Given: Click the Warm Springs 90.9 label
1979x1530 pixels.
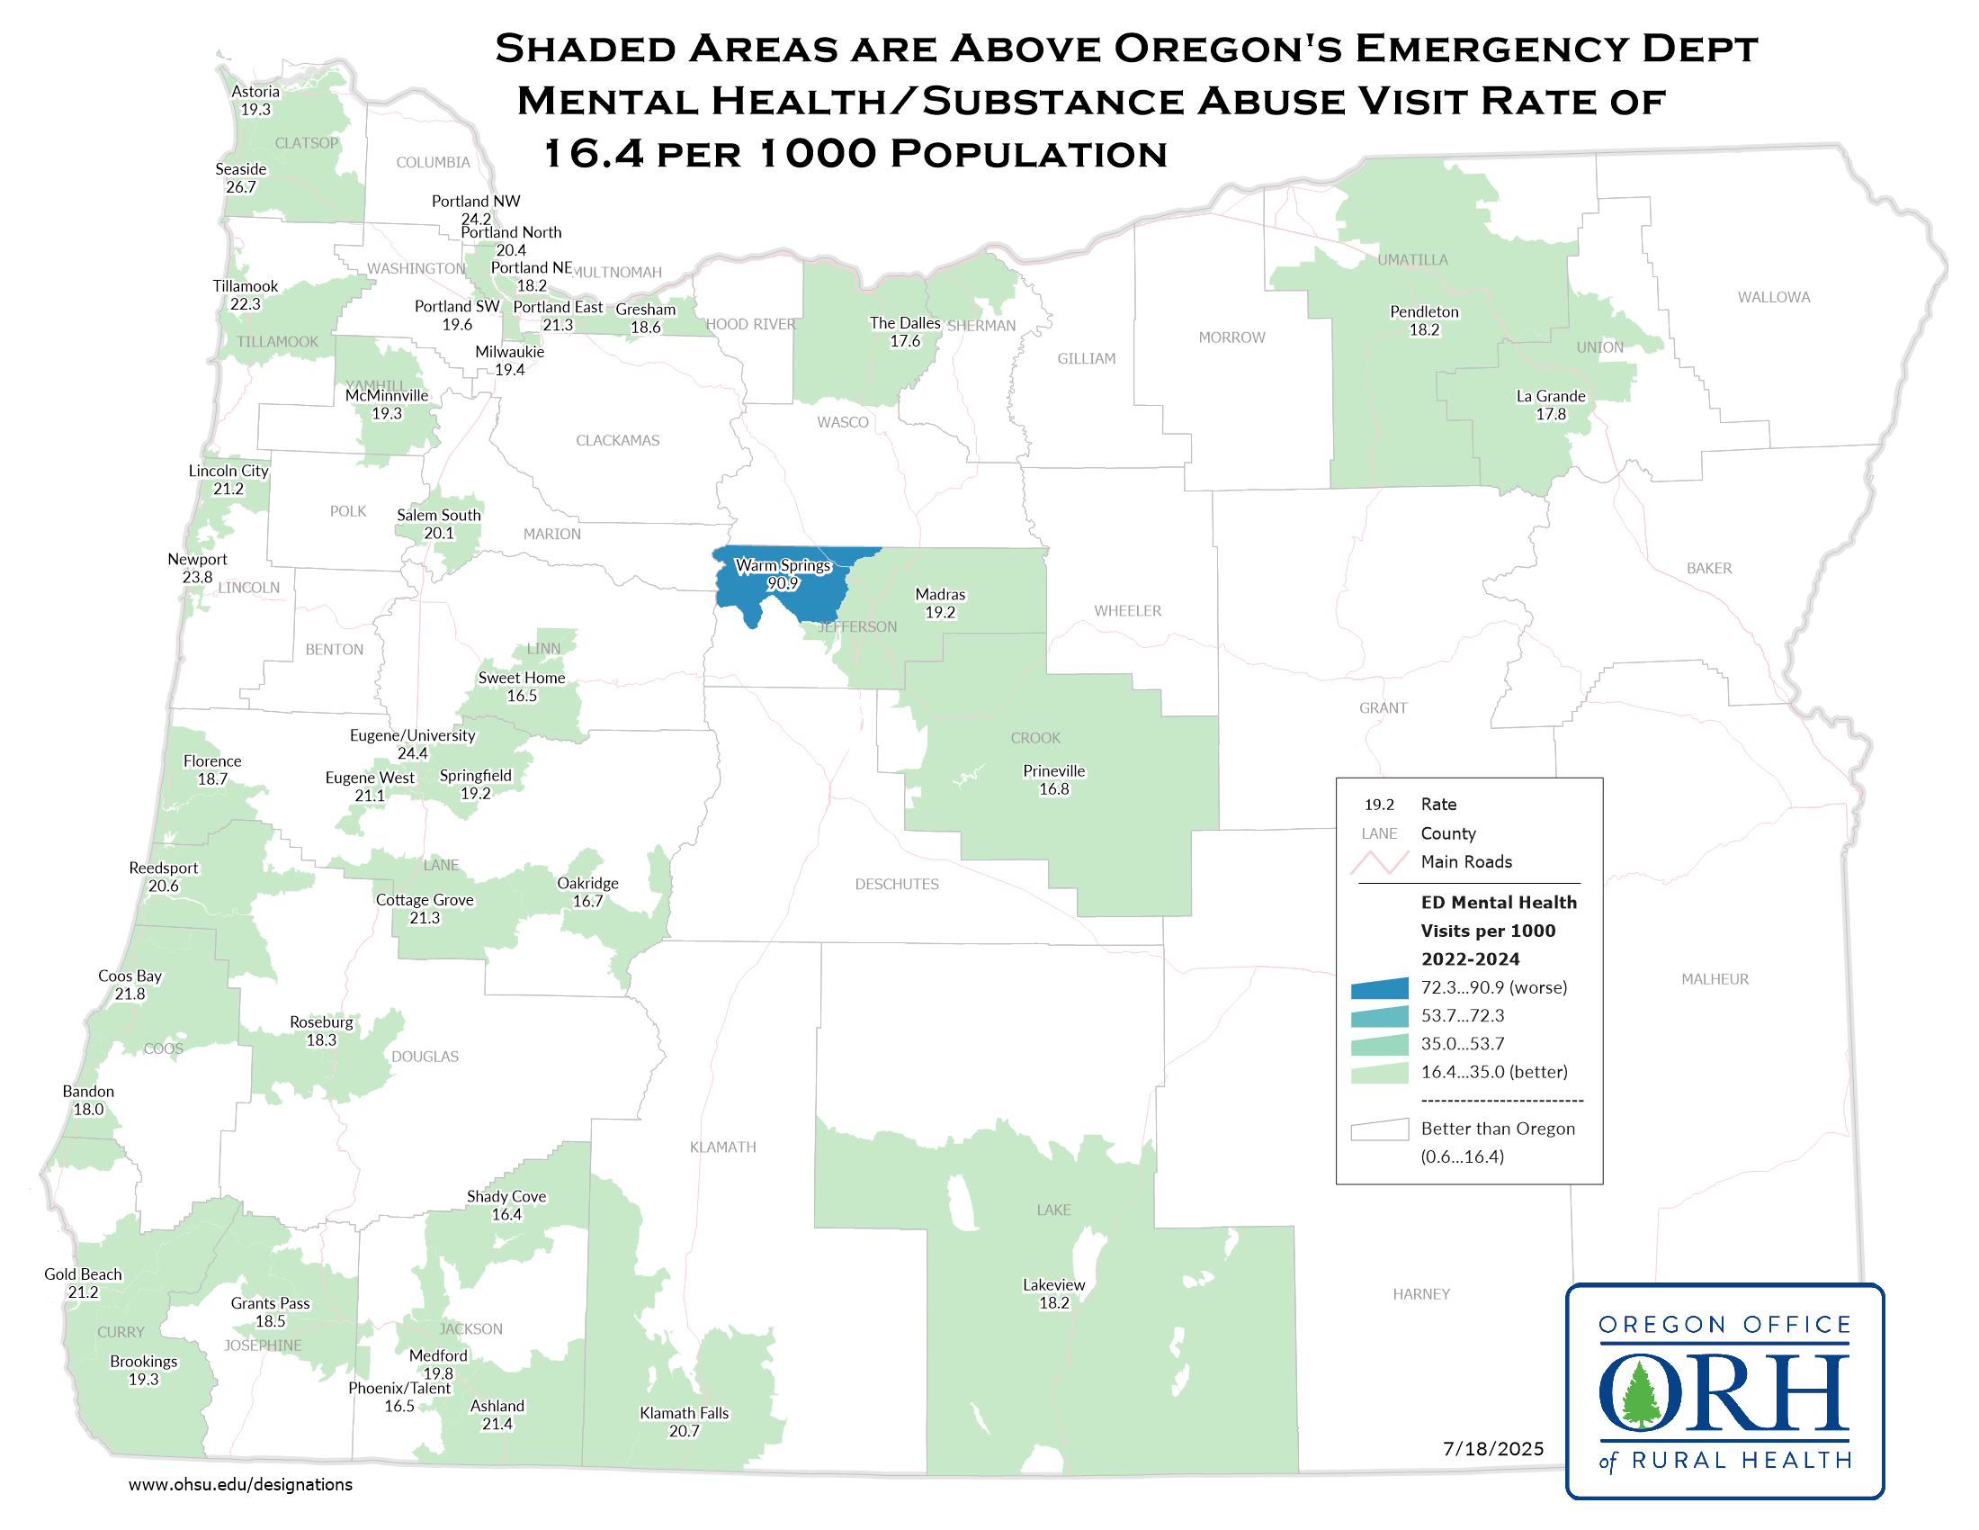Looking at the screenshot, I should (782, 574).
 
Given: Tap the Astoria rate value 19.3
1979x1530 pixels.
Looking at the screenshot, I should (255, 110).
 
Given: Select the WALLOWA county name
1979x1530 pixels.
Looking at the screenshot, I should (1772, 297).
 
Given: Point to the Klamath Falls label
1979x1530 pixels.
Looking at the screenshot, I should (684, 1412).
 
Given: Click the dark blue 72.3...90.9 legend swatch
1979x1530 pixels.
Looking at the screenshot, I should (1378, 988).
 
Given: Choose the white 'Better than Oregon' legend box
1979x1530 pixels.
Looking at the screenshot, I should (1378, 1129).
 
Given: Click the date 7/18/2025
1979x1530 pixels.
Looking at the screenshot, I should (1492, 1448).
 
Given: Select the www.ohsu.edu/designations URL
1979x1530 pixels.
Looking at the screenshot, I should (240, 1485).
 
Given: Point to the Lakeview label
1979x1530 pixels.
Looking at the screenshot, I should (1053, 1284).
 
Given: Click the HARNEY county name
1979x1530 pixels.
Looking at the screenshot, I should (1419, 1294).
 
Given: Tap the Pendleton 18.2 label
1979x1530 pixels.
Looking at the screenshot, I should (1424, 321).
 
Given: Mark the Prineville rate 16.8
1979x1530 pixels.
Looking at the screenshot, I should (1053, 789).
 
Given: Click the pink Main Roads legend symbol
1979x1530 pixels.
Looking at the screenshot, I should (1378, 862).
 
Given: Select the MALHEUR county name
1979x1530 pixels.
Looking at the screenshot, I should (1715, 979).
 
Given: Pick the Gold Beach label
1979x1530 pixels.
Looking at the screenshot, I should (83, 1274).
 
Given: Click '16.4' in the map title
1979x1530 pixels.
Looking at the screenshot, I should (594, 154).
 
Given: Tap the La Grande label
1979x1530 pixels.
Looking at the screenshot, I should (1551, 396).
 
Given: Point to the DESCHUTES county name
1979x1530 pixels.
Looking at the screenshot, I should (896, 884).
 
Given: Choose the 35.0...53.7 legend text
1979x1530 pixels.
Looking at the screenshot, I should (1462, 1044).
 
